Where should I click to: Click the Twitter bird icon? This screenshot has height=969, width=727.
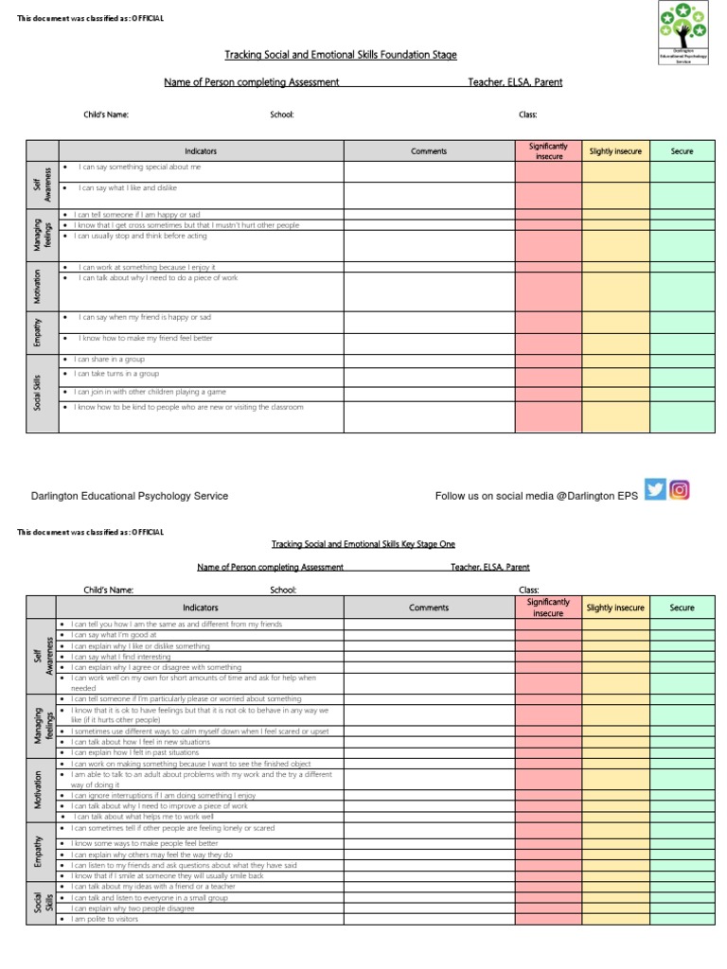click(655, 489)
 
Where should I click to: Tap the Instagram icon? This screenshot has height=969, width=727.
click(680, 489)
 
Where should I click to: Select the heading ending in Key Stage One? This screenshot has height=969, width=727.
click(363, 544)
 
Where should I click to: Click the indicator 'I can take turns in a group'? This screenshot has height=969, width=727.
click(118, 374)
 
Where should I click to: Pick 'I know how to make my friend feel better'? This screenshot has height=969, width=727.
click(146, 338)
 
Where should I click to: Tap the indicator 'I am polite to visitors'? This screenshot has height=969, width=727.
click(105, 919)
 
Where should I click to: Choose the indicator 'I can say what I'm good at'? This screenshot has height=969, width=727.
click(113, 635)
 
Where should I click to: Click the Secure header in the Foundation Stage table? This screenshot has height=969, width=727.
click(682, 151)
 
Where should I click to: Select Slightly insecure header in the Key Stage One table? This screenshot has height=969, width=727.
click(614, 608)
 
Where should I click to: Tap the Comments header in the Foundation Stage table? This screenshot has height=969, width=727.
click(429, 151)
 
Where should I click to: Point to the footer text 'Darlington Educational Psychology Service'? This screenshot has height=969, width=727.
click(129, 496)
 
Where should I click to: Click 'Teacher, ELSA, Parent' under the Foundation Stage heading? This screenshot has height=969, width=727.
click(515, 82)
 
